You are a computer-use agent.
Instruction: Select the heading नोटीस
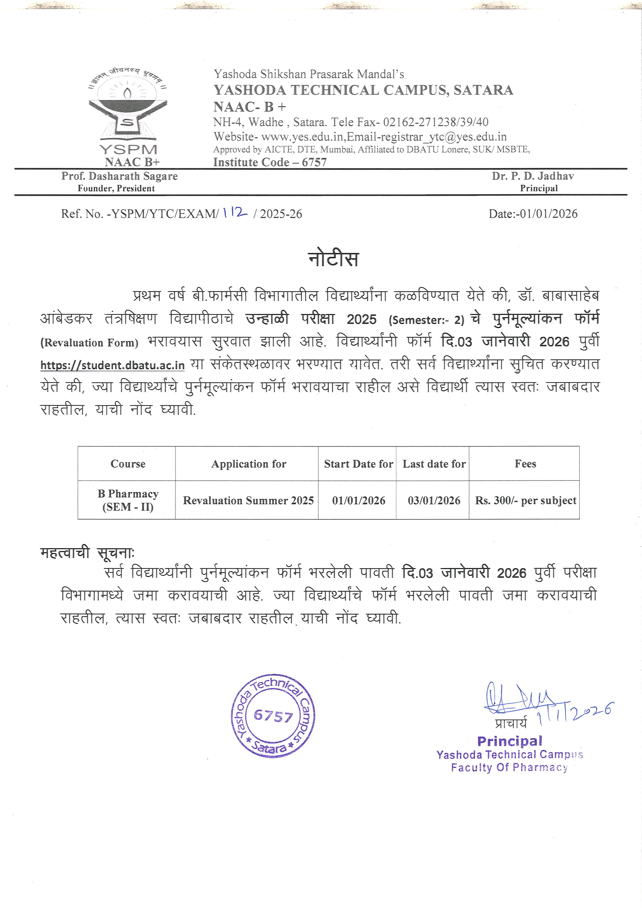pos(333,259)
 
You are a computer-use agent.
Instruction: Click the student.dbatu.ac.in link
pos(112,365)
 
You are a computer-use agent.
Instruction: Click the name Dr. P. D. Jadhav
pos(532,176)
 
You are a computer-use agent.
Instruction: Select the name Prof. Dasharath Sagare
pos(119,176)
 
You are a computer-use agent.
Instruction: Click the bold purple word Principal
pos(509,741)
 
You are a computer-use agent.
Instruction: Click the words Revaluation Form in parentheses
pos(89,343)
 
